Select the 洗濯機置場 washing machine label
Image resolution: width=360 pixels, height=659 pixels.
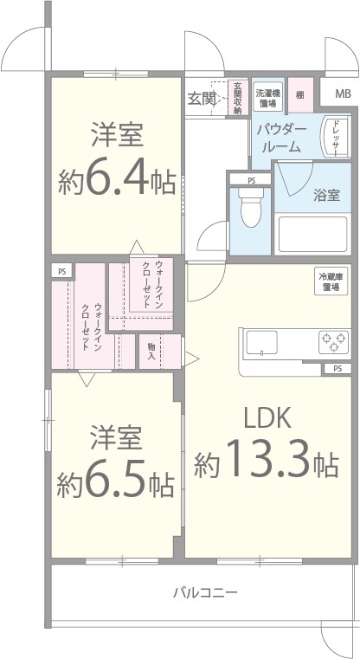point(267,98)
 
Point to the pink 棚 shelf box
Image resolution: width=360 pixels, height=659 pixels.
point(299,94)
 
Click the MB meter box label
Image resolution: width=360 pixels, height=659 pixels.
point(344,94)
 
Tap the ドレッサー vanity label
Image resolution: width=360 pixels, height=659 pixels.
point(337,139)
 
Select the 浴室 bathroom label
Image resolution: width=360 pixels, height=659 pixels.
point(326,195)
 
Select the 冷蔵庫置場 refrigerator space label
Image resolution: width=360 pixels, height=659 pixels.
point(331,281)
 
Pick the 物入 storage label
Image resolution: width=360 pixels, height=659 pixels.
point(151,351)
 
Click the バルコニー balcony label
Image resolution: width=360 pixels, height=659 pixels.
point(205,593)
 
